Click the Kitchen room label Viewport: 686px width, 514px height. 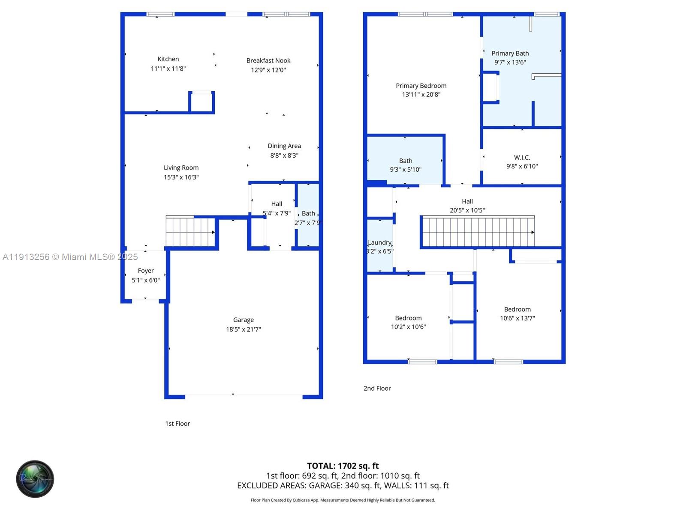[168, 59]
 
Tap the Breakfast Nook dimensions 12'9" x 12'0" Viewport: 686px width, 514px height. [268, 70]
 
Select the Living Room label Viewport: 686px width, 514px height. [181, 168]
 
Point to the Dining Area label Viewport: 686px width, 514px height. [284, 146]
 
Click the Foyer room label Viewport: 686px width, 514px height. [146, 271]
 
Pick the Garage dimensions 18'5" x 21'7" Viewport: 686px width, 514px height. [244, 329]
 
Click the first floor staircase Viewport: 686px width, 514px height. [190, 232]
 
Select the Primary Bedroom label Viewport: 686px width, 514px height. [421, 86]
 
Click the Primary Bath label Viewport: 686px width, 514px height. [510, 54]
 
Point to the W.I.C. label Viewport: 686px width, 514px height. [522, 158]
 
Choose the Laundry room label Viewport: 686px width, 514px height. [380, 242]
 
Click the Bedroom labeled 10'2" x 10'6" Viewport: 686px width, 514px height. [408, 318]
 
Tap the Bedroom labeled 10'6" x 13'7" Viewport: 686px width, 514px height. [517, 309]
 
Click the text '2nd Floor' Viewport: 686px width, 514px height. [377, 388]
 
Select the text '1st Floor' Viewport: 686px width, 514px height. [178, 424]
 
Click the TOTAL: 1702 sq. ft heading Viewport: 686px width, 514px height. [343, 466]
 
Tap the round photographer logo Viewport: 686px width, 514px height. [35, 479]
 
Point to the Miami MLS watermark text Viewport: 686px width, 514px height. [70, 257]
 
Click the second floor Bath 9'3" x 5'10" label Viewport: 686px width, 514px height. [406, 161]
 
